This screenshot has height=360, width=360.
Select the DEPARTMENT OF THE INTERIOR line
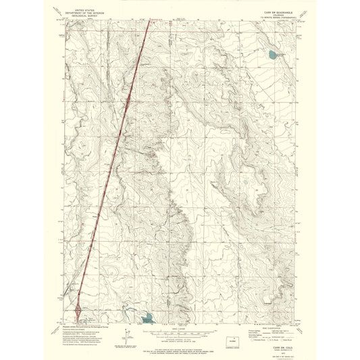pos(85,12)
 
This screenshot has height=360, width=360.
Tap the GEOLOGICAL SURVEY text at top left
pos(85,15)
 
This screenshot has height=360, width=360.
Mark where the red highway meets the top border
pos(149,20)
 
